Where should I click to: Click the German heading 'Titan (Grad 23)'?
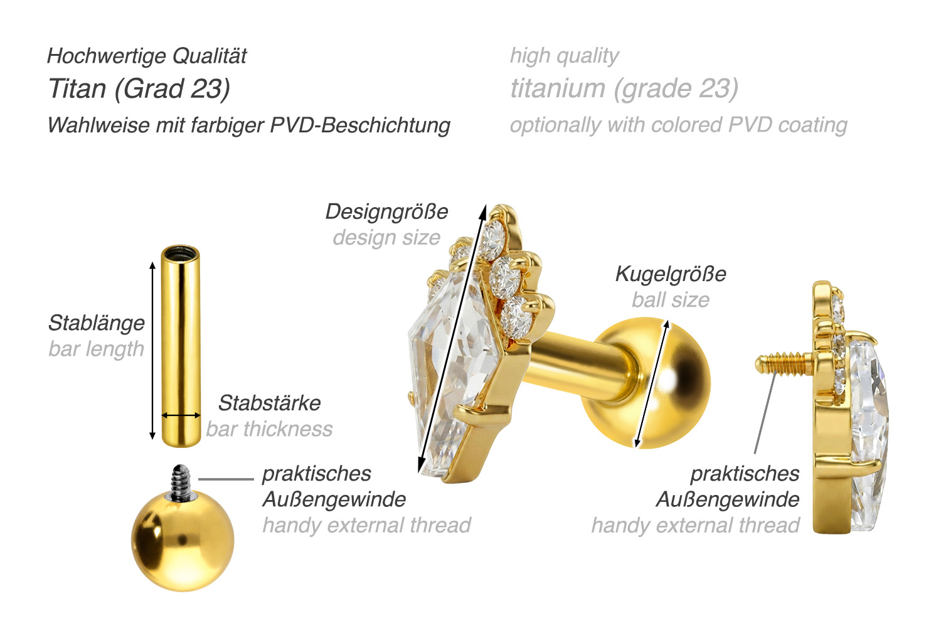click(x=139, y=88)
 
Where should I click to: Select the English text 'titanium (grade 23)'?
click(x=624, y=88)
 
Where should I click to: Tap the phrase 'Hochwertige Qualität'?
click(x=147, y=56)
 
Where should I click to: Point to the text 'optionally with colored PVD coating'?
click(x=678, y=125)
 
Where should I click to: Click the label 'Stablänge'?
click(x=97, y=323)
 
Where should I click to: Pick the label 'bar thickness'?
click(x=269, y=429)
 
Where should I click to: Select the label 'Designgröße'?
click(x=387, y=211)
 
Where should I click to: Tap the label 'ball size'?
click(x=671, y=300)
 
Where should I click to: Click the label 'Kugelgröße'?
click(x=671, y=274)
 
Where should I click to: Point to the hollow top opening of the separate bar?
click(x=180, y=253)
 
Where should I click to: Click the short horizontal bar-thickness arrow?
click(x=181, y=415)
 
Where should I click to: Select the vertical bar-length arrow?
click(x=152, y=350)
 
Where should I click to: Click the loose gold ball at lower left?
click(x=183, y=541)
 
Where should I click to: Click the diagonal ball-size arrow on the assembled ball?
click(x=652, y=384)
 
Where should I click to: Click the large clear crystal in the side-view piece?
click(x=869, y=433)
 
